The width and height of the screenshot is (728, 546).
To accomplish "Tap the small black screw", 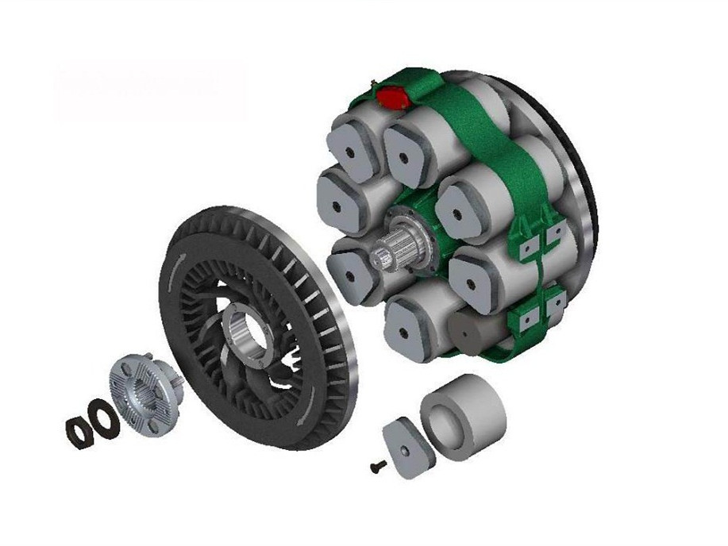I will coord(379,467).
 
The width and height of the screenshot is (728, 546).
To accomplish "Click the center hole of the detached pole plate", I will coord(406,449).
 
